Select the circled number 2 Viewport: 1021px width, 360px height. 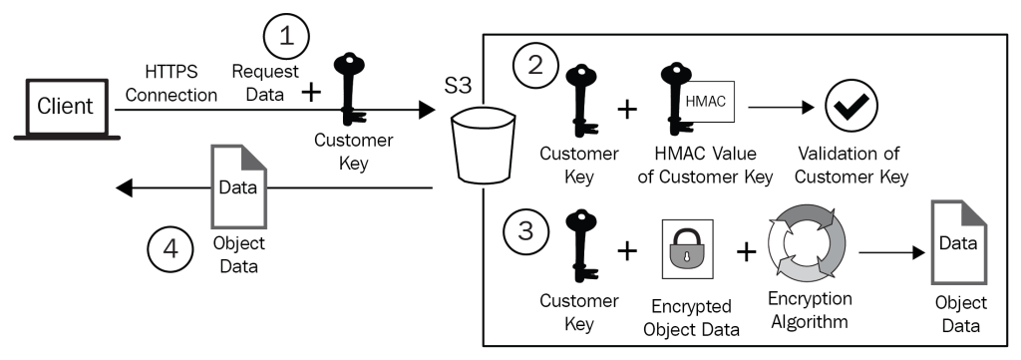tap(534, 67)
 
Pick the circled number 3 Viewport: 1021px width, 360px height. tap(525, 233)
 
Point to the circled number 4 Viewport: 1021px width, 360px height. tap(170, 249)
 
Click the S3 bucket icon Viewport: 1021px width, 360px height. tap(484, 147)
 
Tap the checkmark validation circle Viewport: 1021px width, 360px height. tap(851, 107)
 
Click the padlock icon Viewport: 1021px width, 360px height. tap(687, 250)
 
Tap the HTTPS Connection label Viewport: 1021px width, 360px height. tap(171, 83)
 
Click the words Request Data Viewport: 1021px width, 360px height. tap(265, 83)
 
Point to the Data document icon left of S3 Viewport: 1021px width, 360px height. tap(239, 186)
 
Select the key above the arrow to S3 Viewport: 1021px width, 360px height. tap(350, 89)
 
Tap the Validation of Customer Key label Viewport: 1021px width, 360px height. tap(851, 166)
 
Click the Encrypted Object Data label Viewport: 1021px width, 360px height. tap(691, 318)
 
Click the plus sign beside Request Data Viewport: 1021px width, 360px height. tap(311, 93)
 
